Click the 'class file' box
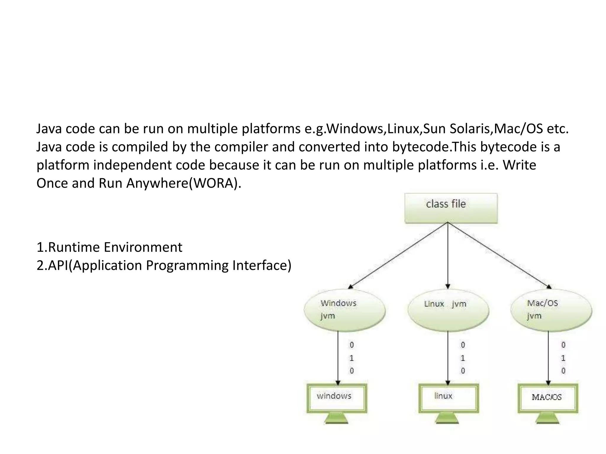pos(451,208)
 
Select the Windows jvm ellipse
pos(345,310)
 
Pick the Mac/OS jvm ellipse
pos(551,310)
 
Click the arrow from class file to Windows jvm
pos(398,255)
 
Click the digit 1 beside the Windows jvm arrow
pos(352,358)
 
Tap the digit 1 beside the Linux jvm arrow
pos(463,358)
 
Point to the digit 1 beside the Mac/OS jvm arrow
pos(563,358)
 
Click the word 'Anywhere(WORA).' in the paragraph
pos(184,184)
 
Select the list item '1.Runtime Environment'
pos(109,247)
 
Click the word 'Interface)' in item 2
pos(262,265)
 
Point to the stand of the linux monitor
pos(447,419)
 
